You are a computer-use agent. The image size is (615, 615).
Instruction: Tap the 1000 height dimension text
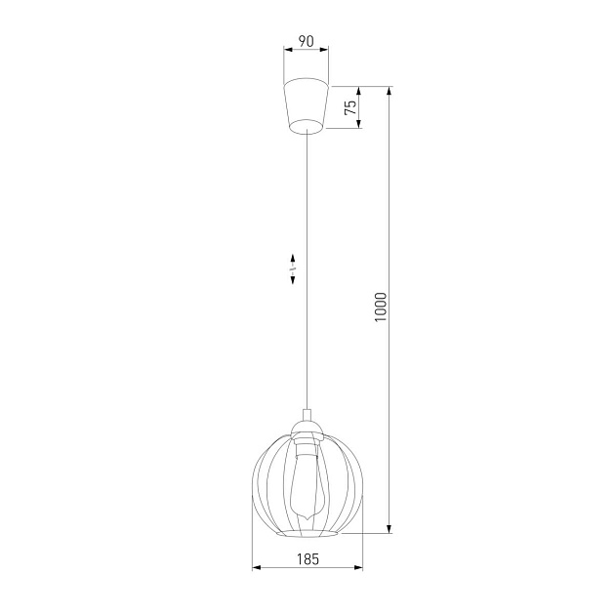click(x=382, y=308)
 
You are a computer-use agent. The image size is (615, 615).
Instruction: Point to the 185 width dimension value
click(x=307, y=558)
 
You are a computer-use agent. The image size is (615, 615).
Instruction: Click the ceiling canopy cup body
click(x=306, y=102)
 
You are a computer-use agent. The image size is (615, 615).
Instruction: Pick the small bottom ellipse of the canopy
click(x=307, y=126)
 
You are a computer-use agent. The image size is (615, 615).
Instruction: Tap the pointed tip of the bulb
click(x=307, y=518)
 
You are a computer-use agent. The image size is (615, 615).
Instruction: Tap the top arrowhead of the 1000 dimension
click(x=390, y=91)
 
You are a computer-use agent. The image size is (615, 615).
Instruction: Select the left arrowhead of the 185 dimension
click(x=256, y=567)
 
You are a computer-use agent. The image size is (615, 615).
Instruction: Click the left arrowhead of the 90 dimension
click(x=287, y=51)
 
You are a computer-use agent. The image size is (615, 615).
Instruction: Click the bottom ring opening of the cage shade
click(x=307, y=535)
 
